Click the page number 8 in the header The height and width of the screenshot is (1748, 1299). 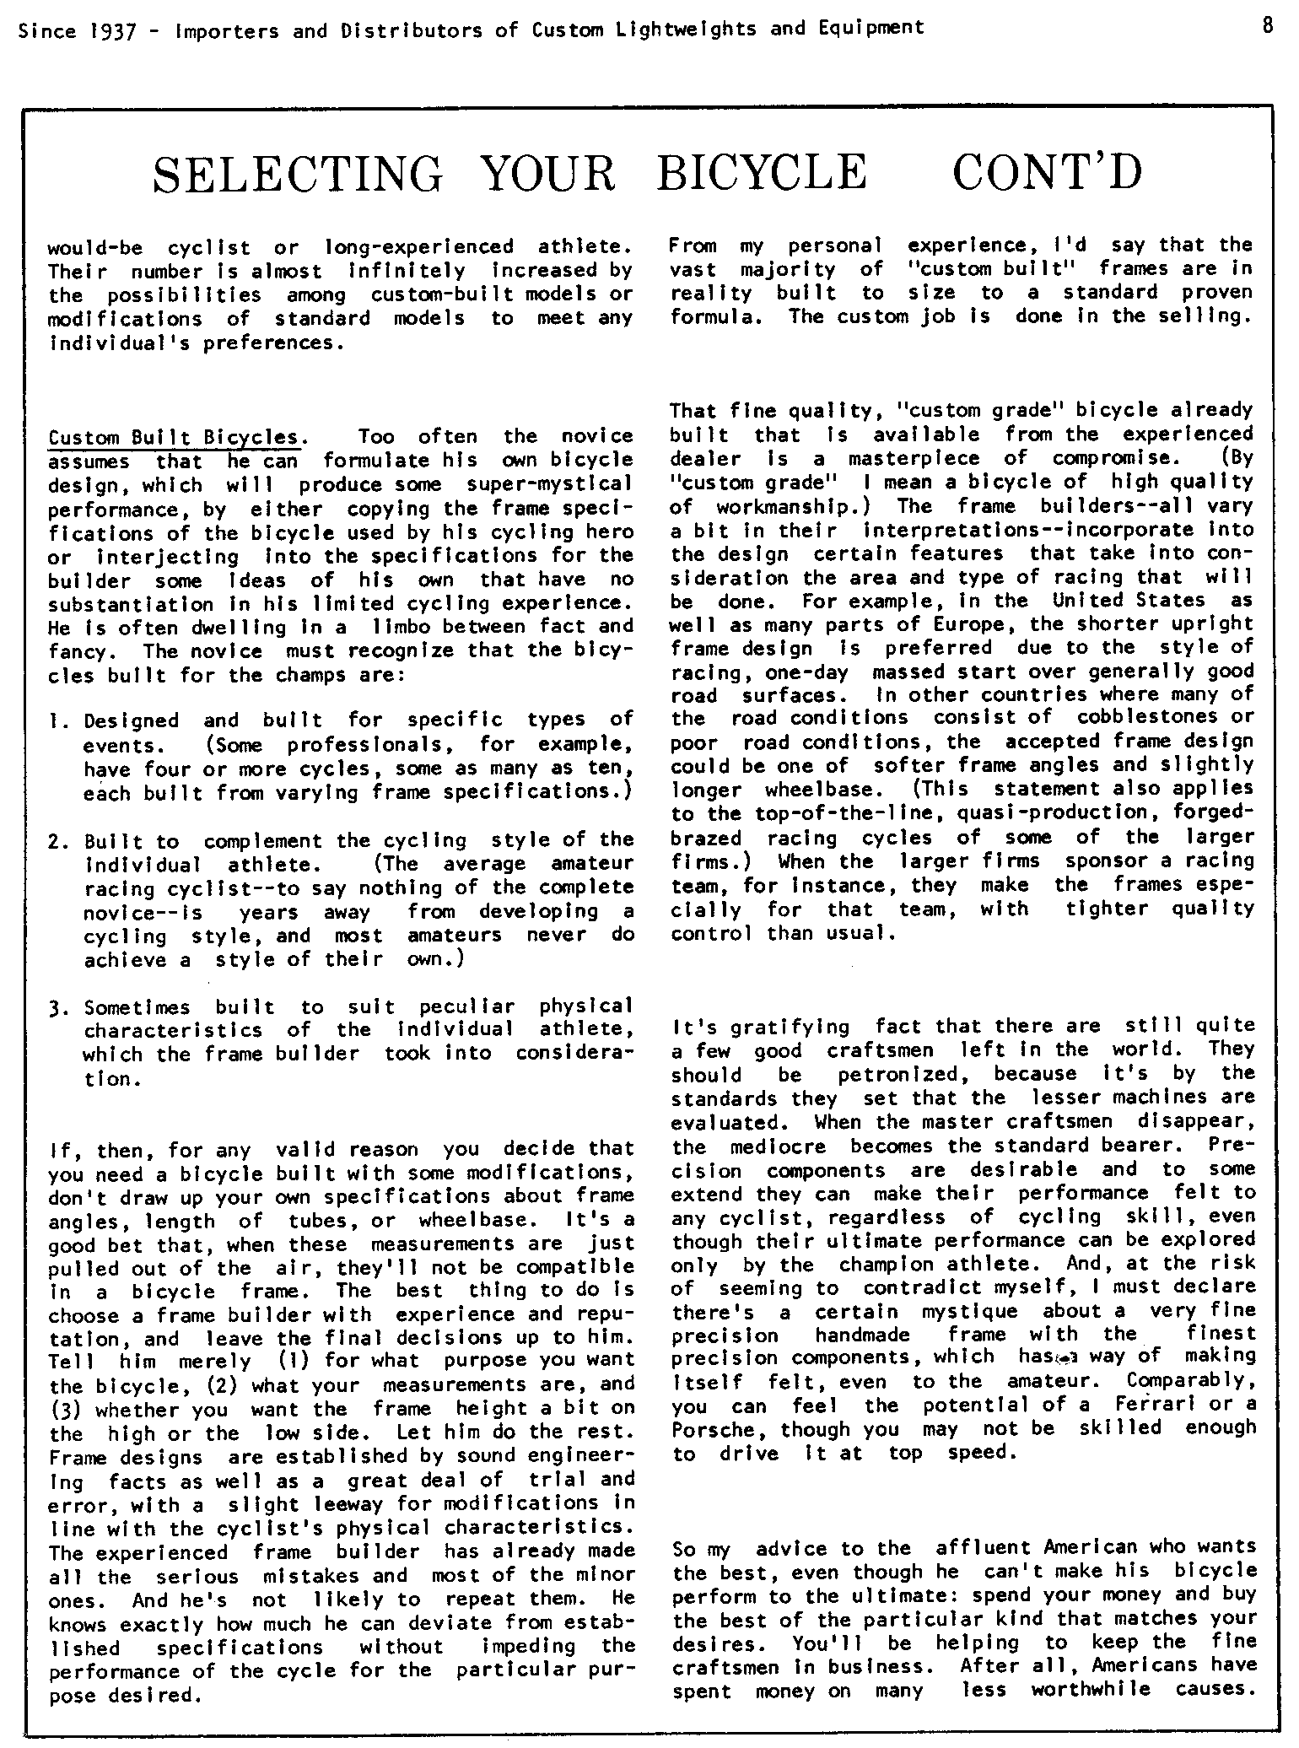(x=1267, y=25)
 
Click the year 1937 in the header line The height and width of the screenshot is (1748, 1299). (x=109, y=30)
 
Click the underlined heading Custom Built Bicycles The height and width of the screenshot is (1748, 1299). (x=174, y=438)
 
